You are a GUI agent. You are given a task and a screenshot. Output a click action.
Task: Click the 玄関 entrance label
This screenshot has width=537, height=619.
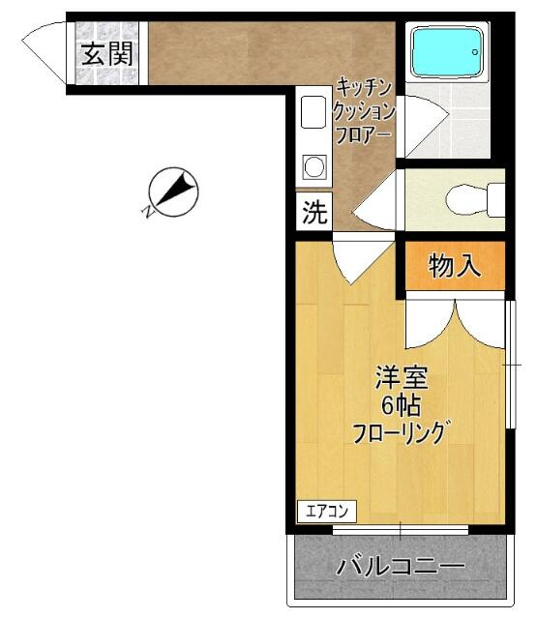106,54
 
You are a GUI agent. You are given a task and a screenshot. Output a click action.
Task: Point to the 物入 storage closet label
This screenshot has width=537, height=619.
454,266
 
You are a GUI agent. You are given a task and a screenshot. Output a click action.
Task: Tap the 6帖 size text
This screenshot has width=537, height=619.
400,404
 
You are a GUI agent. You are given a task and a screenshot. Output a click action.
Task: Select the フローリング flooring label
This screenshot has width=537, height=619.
400,431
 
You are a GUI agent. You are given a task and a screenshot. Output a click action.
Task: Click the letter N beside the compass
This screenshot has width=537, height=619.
147,208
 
